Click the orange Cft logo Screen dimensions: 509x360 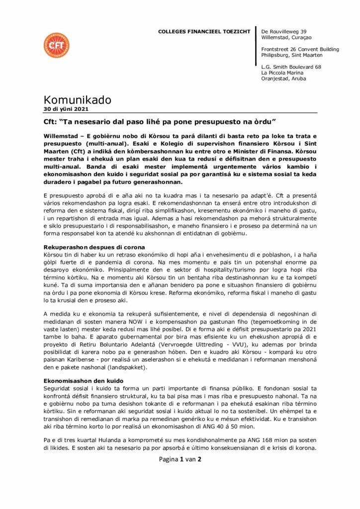click(56, 45)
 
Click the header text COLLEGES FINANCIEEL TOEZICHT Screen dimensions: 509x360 click(204, 31)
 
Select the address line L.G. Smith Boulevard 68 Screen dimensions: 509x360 click(291, 67)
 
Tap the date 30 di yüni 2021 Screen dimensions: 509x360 click(67, 109)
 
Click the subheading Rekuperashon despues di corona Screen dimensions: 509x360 click(94, 247)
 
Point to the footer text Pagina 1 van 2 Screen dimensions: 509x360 click(180, 459)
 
